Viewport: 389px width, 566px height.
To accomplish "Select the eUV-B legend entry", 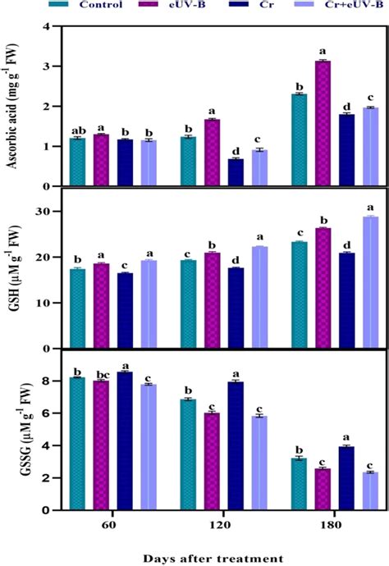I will (182, 6).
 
